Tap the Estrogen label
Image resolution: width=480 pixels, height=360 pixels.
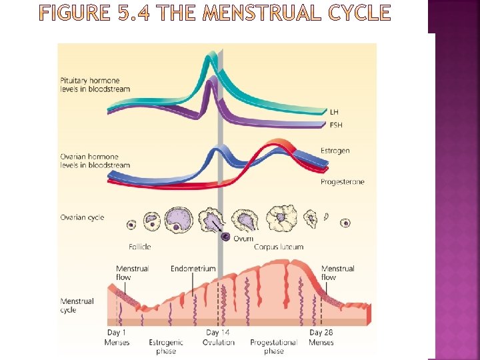335,151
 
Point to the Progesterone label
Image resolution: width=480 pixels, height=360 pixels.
342,182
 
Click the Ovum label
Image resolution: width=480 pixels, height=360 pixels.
243,239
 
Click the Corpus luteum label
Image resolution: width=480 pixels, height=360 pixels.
278,247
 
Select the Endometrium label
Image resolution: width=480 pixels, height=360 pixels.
193,269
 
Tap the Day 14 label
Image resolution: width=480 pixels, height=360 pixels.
218,333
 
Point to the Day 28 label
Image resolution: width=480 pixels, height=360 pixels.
321,333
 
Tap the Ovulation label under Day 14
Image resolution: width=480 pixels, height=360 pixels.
219,343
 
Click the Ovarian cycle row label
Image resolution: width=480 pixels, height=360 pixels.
82,218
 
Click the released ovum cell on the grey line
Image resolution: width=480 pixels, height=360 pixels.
225,237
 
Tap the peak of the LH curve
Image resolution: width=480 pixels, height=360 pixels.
212,58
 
